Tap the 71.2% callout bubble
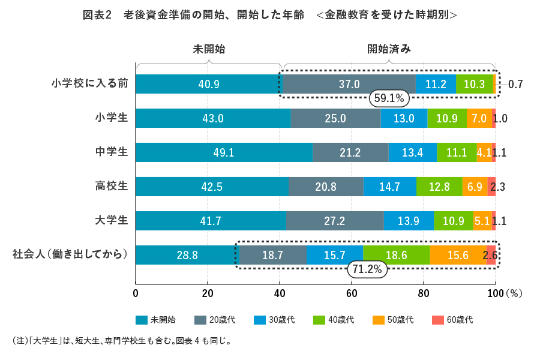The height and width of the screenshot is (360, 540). (x=367, y=269)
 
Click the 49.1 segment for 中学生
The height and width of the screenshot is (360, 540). (x=223, y=152)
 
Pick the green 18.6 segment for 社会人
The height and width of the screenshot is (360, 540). (x=396, y=255)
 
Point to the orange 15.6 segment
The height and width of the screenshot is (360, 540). (x=458, y=255)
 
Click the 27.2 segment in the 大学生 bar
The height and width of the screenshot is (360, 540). (x=334, y=221)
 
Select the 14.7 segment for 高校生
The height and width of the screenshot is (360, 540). (x=389, y=187)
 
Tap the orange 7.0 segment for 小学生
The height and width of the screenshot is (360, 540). (x=479, y=118)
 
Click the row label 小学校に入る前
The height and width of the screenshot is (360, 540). (x=90, y=83)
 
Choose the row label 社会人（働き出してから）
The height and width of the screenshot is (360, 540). (x=70, y=254)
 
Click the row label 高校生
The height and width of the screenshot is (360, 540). (x=112, y=186)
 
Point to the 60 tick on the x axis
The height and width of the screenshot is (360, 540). (x=352, y=293)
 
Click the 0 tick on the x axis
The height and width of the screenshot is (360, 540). (x=136, y=293)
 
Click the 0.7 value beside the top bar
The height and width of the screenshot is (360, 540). (x=515, y=85)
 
